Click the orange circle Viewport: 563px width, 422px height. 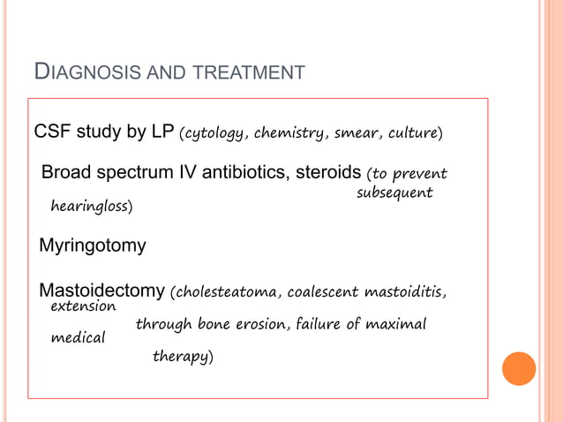(519, 369)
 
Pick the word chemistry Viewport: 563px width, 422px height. (296, 134)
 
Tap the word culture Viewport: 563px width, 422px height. (412, 134)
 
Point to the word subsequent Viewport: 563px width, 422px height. (394, 192)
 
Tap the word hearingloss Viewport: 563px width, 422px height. (91, 207)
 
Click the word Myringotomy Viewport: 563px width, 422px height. (93, 245)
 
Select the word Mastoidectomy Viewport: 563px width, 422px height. (102, 290)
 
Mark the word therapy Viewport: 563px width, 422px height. (182, 357)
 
